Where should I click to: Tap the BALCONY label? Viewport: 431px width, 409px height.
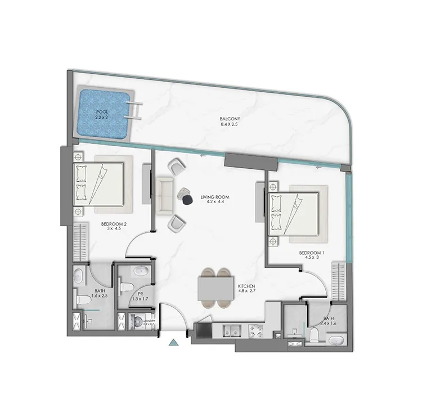click(x=231, y=119)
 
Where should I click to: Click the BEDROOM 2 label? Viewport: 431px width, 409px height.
click(x=114, y=224)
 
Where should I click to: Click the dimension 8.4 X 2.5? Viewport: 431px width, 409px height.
click(x=231, y=125)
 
